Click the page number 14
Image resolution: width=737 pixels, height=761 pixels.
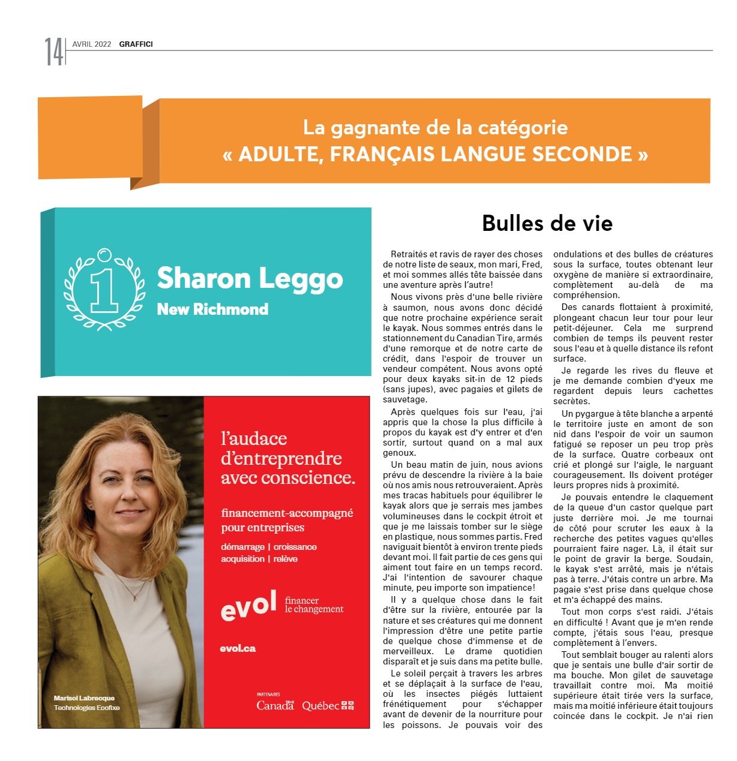[53, 52]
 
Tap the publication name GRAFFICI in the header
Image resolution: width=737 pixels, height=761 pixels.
[136, 44]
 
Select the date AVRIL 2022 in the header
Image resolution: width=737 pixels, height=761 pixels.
[92, 44]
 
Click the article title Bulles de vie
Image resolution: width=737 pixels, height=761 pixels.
[547, 223]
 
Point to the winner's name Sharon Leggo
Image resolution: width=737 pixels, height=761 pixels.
[250, 279]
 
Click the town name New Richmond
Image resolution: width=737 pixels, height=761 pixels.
[212, 309]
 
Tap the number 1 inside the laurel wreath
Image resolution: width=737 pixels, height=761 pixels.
[104, 290]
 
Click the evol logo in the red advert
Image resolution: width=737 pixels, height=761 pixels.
[248, 606]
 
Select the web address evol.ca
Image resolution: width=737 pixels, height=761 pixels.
[238, 648]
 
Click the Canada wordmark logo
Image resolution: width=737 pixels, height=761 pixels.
[275, 705]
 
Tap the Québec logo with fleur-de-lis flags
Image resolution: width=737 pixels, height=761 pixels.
[328, 706]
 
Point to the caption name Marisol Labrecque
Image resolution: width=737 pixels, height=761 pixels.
[84, 698]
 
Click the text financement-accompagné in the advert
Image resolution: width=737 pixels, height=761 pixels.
[287, 513]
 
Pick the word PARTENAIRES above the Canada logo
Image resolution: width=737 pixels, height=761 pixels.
[268, 694]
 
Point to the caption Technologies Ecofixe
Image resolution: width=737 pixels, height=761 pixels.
[86, 708]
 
